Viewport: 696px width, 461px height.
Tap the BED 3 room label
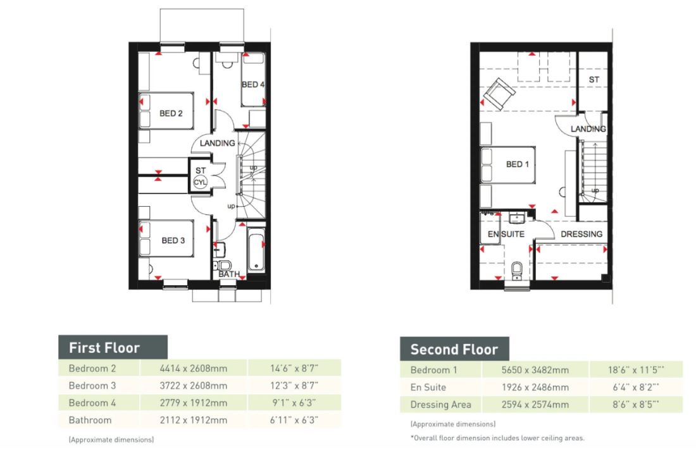point(173,240)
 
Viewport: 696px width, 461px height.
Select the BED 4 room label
point(252,85)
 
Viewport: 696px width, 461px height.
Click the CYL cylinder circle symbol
point(200,181)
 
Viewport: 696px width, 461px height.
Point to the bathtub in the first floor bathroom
point(257,250)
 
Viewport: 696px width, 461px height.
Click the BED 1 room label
point(518,164)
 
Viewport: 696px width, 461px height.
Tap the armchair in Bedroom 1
point(499,93)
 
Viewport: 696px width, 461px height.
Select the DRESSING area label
point(581,234)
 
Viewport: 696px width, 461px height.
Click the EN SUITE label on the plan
point(506,234)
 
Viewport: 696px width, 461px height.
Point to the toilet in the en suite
point(516,270)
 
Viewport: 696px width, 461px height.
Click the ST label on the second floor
point(593,80)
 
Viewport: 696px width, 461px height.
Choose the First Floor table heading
point(104,347)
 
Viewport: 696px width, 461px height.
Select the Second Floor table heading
point(454,349)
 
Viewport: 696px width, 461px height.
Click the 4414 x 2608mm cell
point(193,367)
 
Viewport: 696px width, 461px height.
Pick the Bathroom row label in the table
point(90,420)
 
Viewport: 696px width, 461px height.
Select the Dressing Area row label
point(440,405)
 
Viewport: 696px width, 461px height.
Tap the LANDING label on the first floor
point(217,144)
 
